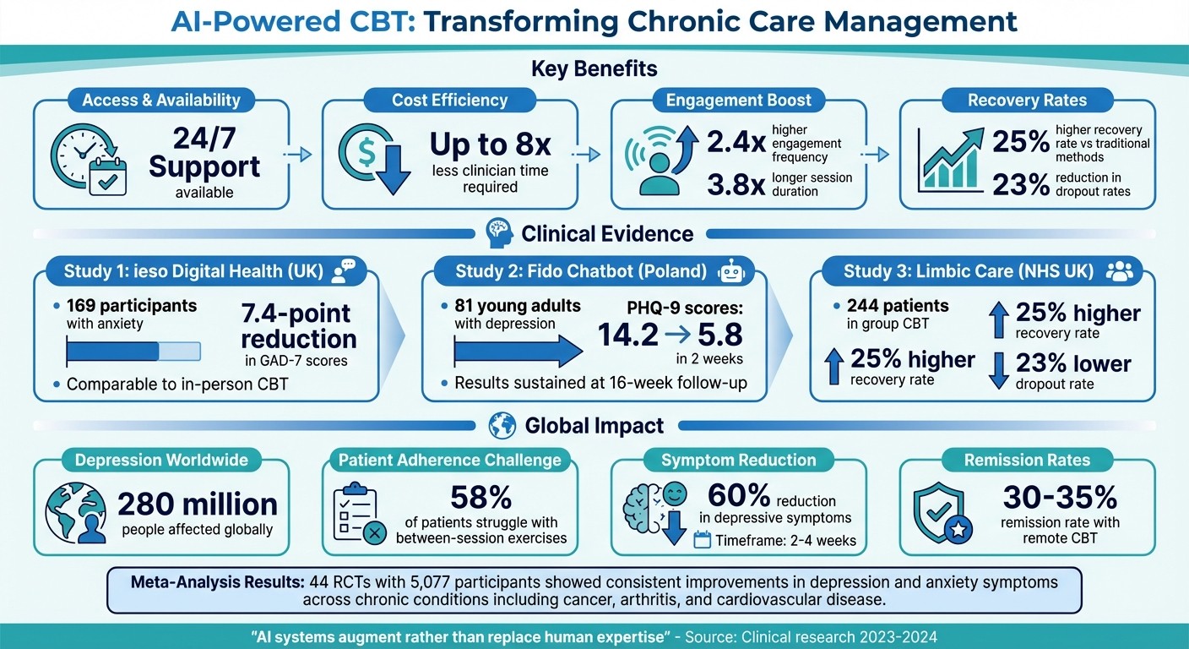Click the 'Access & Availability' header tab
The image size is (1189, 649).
click(x=160, y=101)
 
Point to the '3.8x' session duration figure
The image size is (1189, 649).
click(x=730, y=185)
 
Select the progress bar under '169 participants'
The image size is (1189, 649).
click(x=133, y=351)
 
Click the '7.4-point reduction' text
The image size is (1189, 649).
click(x=298, y=327)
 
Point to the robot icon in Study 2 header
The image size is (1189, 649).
click(x=730, y=271)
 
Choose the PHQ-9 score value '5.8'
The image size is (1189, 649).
click(x=719, y=335)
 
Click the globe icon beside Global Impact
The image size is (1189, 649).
click(x=502, y=425)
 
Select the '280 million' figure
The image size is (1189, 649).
click(x=197, y=504)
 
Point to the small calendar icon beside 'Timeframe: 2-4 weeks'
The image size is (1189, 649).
click(x=702, y=540)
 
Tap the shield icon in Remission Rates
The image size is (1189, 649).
click(x=943, y=513)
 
